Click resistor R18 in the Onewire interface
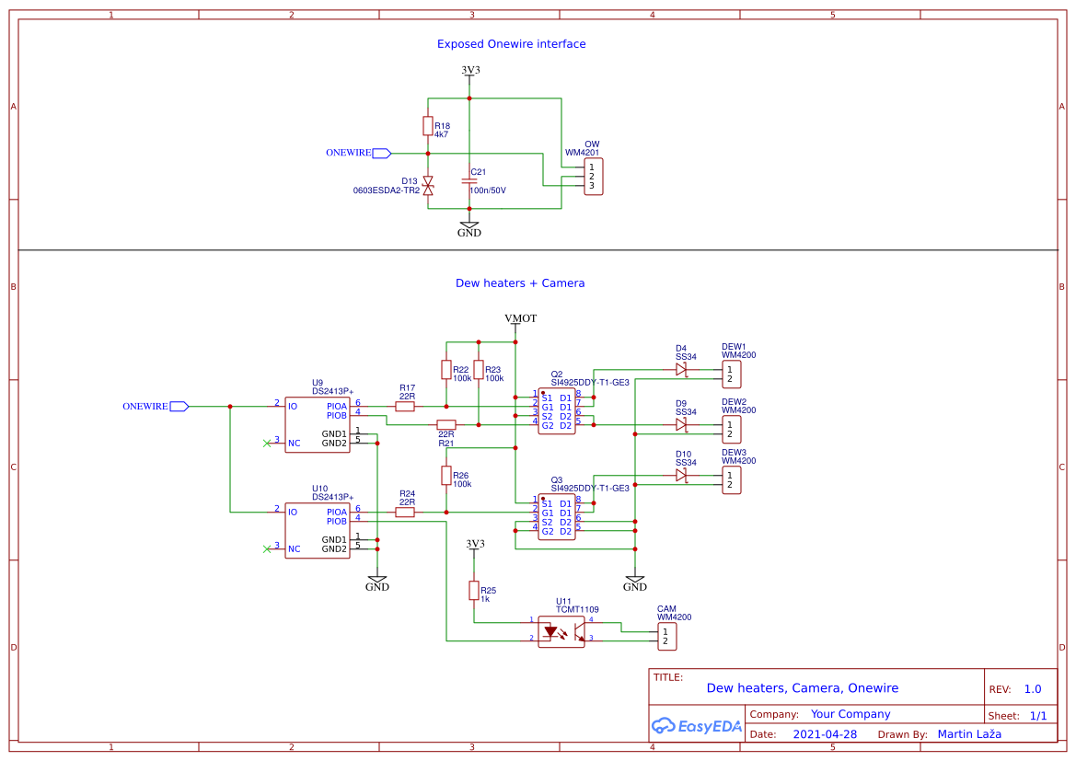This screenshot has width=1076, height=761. [428, 126]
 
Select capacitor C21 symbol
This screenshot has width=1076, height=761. [469, 182]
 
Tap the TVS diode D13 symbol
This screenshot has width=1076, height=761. [428, 186]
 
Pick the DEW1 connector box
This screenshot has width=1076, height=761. [731, 375]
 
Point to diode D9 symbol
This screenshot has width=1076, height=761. [681, 424]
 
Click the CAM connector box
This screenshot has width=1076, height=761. [666, 636]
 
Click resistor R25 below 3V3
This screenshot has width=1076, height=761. [474, 590]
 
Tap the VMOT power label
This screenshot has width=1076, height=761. [521, 318]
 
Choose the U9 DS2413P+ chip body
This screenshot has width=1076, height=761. [317, 424]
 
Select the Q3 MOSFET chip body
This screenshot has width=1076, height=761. [557, 517]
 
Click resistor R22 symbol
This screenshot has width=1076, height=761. [446, 370]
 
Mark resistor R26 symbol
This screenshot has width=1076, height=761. [446, 476]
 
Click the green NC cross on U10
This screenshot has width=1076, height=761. [267, 549]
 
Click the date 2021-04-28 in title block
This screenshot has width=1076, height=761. [825, 734]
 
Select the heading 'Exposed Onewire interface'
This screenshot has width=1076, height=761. [511, 44]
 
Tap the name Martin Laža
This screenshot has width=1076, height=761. [969, 734]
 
